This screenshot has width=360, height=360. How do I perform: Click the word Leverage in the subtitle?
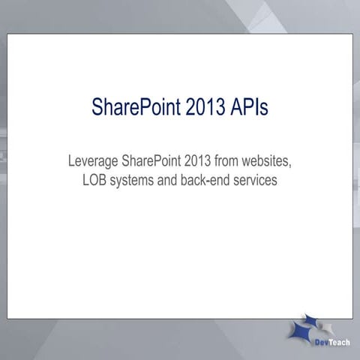92,160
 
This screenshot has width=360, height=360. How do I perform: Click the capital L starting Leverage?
71,160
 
